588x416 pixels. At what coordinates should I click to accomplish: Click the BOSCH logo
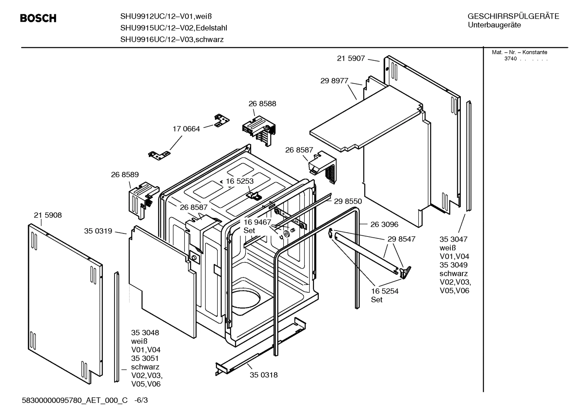(38, 18)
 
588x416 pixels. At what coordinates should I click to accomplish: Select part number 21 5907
(351, 58)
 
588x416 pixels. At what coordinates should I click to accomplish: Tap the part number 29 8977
(334, 81)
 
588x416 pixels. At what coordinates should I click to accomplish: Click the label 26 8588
(262, 104)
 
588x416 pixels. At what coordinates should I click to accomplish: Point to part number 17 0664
(186, 129)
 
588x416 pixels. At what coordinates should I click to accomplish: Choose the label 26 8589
(125, 174)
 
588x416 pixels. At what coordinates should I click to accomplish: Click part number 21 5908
(48, 215)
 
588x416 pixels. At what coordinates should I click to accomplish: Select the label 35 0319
(98, 231)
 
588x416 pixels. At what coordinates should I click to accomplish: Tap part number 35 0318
(264, 375)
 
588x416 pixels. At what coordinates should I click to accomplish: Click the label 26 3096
(384, 224)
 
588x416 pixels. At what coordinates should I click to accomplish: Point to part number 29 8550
(348, 201)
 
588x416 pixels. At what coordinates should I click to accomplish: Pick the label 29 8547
(401, 239)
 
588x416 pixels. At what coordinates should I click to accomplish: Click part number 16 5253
(240, 181)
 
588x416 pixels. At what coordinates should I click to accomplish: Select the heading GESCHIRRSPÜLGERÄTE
(513, 16)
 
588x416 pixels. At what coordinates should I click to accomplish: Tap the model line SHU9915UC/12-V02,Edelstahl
(174, 28)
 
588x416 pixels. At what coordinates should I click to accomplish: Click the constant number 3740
(510, 59)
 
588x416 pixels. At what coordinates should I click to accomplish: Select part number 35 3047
(453, 239)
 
